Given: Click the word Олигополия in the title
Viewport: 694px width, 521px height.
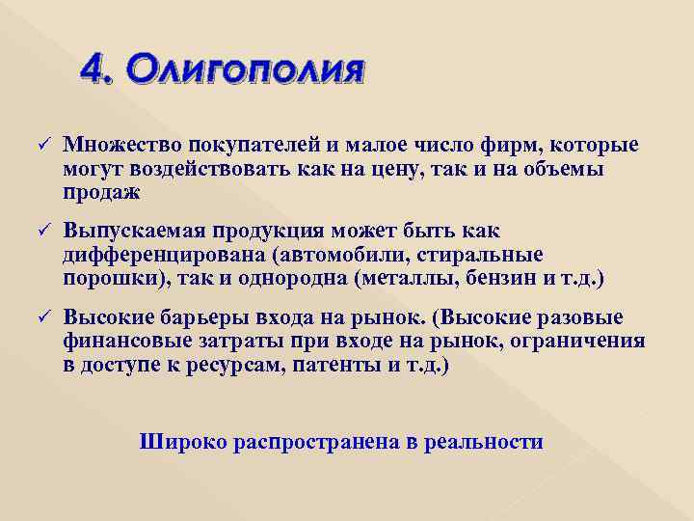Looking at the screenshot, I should (246, 71).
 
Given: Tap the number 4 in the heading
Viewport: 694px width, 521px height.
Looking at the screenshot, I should (93, 70).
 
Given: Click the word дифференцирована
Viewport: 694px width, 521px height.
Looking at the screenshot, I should (163, 256).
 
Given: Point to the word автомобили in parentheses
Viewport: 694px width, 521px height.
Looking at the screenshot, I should (338, 256).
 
